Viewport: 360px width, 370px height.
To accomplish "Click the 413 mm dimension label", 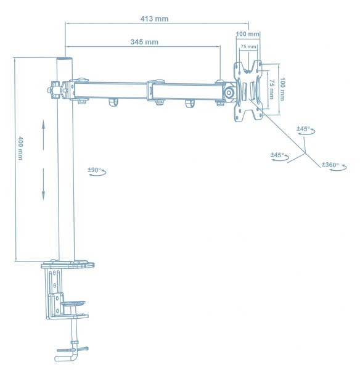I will click(153, 18).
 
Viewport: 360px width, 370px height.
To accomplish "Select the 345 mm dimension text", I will click(144, 42).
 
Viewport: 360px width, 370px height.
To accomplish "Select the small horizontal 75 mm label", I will click(248, 47).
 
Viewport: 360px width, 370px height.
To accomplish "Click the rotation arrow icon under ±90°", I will click(97, 175).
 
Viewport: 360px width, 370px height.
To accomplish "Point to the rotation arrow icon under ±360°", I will click(336, 171).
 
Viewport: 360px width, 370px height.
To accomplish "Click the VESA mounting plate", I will click(247, 91).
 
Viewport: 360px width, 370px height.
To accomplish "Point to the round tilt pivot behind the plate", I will click(229, 93).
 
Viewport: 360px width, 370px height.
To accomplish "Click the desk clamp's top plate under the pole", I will click(68, 265).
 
